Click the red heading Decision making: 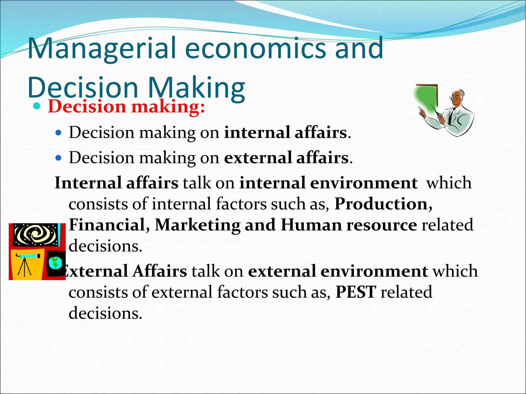126,106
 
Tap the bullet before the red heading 37,106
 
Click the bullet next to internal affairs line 59,133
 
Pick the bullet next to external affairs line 59,158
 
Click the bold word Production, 383,204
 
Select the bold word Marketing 198,225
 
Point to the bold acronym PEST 356,292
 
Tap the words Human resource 349,225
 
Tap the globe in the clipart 55,263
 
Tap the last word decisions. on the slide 105,313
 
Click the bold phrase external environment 338,271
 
